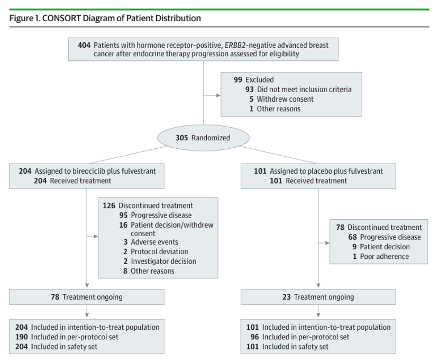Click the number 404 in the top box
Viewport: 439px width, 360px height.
84,45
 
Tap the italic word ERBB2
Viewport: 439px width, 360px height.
235,45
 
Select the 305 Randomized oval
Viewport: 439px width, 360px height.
203,138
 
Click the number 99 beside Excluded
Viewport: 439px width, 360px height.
237,79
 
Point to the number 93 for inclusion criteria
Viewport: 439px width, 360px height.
250,89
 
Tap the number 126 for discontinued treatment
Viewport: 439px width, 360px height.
109,205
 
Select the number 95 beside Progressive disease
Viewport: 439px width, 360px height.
123,215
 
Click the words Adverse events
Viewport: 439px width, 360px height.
154,242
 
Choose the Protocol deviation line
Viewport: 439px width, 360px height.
156,251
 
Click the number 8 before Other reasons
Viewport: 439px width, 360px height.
125,271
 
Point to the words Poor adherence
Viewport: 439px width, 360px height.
385,256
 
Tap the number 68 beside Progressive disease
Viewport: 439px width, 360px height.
352,237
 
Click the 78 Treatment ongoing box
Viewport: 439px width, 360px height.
87,297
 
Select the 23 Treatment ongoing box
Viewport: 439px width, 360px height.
318,297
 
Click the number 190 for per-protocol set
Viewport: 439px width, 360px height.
22,337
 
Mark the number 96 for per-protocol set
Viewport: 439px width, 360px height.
255,337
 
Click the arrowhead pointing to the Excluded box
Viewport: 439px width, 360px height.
218,95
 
